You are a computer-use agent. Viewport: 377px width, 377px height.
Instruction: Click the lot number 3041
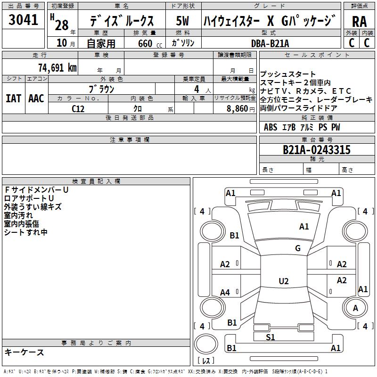pos(23,20)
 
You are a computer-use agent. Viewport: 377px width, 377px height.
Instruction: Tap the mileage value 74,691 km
pos(57,67)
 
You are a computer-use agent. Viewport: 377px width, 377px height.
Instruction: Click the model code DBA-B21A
pos(270,43)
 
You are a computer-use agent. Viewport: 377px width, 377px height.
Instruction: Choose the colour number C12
pos(78,108)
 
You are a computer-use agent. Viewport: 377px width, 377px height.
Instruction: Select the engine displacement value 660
pos(145,43)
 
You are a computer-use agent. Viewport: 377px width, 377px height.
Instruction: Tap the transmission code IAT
pos(13,98)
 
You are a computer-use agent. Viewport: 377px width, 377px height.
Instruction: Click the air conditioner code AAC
pos(36,98)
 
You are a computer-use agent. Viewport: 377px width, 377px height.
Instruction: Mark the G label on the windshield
pos(297,248)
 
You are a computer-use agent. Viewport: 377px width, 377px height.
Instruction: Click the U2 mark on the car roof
pos(283,281)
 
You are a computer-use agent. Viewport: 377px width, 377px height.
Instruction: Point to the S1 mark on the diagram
pos(270,337)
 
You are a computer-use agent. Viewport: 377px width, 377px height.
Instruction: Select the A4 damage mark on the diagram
pos(225,293)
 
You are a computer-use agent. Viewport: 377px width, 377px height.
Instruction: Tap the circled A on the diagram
pos(356,308)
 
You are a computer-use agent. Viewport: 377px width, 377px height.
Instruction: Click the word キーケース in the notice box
pos(24,352)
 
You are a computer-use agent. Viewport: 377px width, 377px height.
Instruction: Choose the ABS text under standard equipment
pos(270,127)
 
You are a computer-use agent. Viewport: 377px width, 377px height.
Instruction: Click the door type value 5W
pos(183,22)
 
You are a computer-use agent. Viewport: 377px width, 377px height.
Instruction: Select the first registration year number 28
pos(61,25)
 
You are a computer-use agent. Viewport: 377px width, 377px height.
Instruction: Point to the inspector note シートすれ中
pos(26,232)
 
